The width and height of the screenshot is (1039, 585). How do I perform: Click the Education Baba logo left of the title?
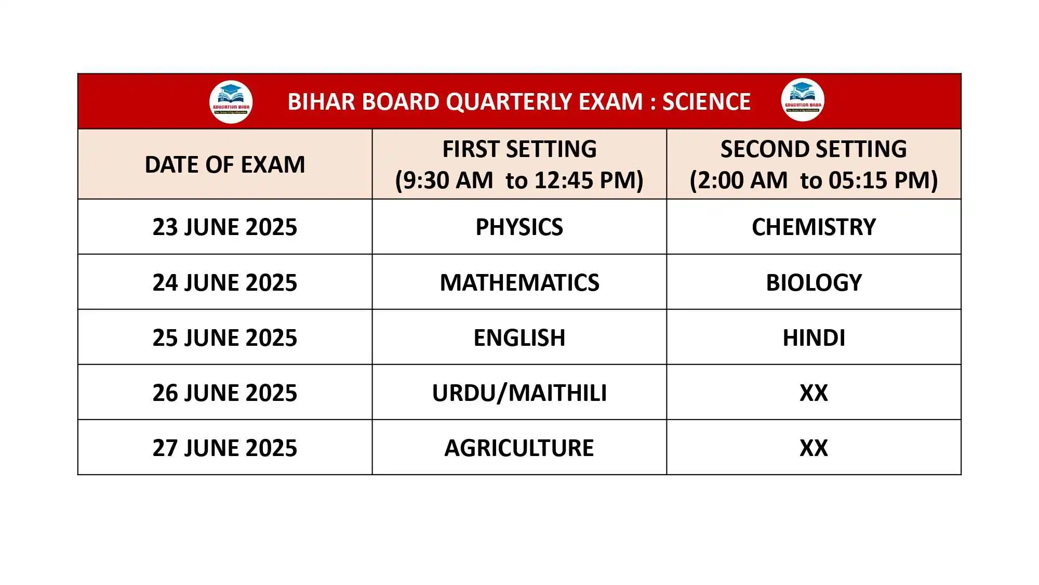point(231,102)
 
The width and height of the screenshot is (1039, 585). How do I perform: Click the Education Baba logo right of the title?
point(803,100)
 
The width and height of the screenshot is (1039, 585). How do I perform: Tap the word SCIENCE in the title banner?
point(707,102)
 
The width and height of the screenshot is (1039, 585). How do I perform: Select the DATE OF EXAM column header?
point(225,165)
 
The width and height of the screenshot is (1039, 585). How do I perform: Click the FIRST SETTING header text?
point(519,149)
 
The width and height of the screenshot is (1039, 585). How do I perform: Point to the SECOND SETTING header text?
point(814,149)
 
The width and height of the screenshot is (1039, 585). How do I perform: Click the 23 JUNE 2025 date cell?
point(225,227)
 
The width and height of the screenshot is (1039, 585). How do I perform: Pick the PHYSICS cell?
point(519,227)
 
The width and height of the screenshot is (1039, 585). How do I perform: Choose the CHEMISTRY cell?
point(814,227)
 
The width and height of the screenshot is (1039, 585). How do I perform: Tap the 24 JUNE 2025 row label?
point(225,283)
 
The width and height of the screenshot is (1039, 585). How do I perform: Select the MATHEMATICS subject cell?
point(519,283)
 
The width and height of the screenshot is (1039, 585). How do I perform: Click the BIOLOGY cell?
point(814,283)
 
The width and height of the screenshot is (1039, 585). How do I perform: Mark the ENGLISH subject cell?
point(519,338)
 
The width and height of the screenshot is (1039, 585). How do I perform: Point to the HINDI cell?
point(814,338)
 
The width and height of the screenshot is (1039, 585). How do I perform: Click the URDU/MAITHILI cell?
point(519,393)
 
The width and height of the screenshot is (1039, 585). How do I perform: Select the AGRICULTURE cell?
point(519,448)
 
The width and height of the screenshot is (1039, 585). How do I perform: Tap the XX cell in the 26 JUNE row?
point(814,393)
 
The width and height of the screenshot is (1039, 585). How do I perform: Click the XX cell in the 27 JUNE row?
point(814,448)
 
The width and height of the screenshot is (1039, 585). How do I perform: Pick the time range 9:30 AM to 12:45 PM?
point(519,180)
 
